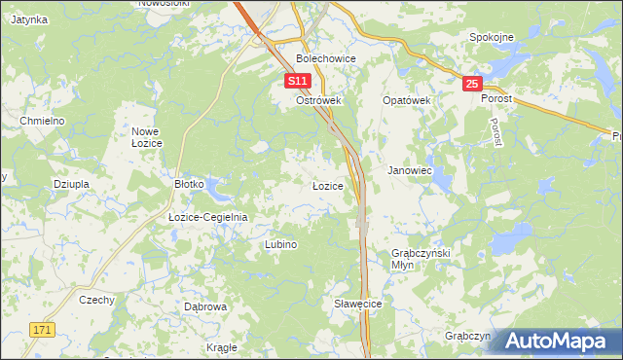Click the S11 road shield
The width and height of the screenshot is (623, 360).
click(299, 81)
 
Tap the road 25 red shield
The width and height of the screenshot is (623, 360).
click(472, 85)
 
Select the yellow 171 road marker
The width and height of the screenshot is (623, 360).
click(38, 332)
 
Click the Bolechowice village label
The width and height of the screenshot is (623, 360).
click(326, 59)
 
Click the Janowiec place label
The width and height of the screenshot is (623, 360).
click(410, 170)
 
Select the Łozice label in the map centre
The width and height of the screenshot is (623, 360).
click(327, 185)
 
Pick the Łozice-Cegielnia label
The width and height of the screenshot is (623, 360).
click(208, 217)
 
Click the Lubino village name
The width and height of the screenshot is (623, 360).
click(280, 245)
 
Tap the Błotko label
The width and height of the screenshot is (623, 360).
click(188, 183)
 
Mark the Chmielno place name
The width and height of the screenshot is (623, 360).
click(42, 120)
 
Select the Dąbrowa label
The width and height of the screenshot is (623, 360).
click(205, 306)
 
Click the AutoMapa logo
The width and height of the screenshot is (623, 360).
click(557, 342)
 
